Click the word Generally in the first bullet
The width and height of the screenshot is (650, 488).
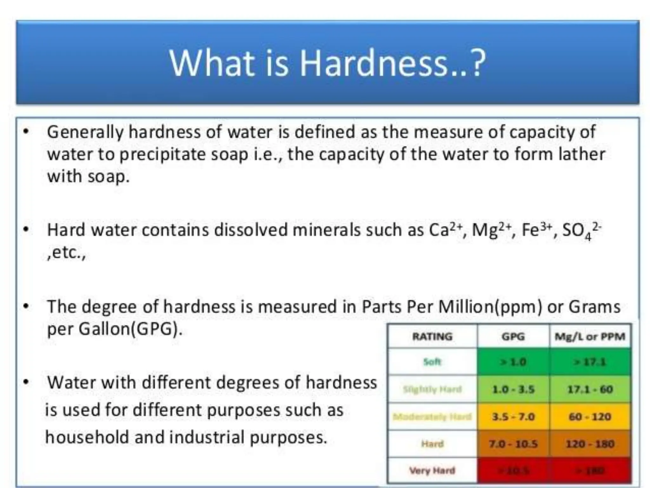85,132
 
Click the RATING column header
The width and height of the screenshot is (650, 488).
432,336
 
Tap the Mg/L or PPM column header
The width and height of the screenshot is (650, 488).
590,336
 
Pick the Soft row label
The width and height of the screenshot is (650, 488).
432,362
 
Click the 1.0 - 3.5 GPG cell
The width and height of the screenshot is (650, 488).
513,389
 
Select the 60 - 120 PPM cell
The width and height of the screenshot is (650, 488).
590,417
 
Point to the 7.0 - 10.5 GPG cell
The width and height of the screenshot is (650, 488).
513,444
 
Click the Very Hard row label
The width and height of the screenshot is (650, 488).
432,471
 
